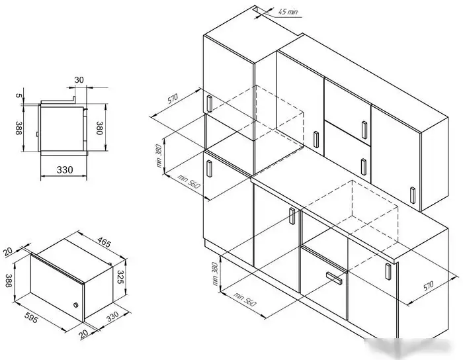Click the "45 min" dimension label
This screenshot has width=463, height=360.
pyautogui.click(x=288, y=12)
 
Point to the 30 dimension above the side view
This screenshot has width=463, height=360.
pyautogui.click(x=79, y=80)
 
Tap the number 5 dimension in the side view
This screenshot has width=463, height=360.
pyautogui.click(x=19, y=95)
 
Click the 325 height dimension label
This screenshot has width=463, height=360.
pyautogui.click(x=120, y=277)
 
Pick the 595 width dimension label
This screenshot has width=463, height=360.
pyautogui.click(x=31, y=316)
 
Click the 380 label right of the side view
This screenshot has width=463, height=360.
pyautogui.click(x=99, y=128)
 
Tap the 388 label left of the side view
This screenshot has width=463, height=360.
pyautogui.click(x=19, y=128)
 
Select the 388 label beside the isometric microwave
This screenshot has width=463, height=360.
pyautogui.click(x=9, y=281)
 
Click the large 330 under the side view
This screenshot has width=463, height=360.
pyautogui.click(x=65, y=170)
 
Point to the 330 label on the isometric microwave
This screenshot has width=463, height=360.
pyautogui.click(x=112, y=316)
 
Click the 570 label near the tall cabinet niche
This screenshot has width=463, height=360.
pyautogui.click(x=173, y=99)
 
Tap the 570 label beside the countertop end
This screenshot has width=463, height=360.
pyautogui.click(x=428, y=286)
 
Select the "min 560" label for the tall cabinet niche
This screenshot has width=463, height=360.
pyautogui.click(x=189, y=181)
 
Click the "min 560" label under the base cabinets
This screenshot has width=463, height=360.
pyautogui.click(x=245, y=299)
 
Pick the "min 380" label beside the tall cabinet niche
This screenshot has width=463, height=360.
pyautogui.click(x=159, y=156)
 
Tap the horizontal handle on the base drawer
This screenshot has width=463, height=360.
pyautogui.click(x=334, y=278)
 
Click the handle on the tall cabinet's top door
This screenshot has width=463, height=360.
pyautogui.click(x=209, y=103)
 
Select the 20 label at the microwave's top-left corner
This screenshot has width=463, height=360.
pyautogui.click(x=8, y=251)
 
